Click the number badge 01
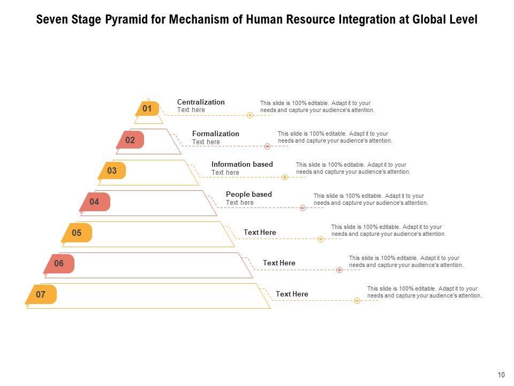click(x=147, y=109)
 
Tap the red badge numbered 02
click(x=131, y=140)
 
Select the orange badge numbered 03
click(x=112, y=171)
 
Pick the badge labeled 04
click(x=95, y=202)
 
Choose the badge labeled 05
click(x=77, y=233)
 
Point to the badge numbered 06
click(x=59, y=263)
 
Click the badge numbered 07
click(x=41, y=294)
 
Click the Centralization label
click(x=201, y=102)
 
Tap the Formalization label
click(x=216, y=133)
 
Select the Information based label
click(x=242, y=164)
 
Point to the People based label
click(x=249, y=194)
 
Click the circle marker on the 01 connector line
click(x=250, y=115)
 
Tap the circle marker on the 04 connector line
click(x=303, y=208)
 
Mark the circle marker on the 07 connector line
click(x=357, y=301)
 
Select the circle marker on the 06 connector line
click(x=339, y=270)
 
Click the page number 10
click(x=501, y=375)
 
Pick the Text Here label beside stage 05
click(x=260, y=232)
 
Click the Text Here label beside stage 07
click(x=292, y=294)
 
